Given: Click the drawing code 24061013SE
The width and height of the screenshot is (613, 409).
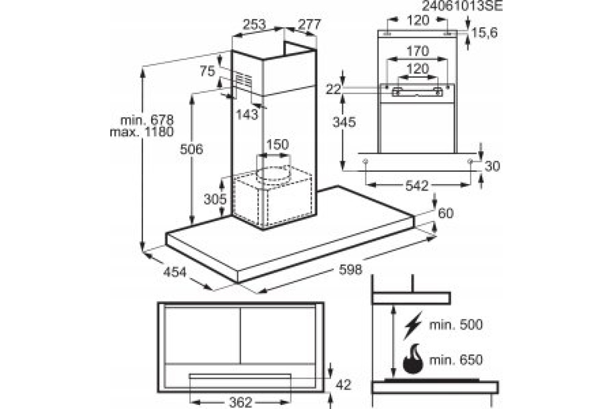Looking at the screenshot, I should tap(462, 7).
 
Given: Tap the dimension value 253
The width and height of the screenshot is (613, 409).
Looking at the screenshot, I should tap(254, 24).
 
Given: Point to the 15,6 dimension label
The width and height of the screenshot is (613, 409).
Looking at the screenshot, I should tap(484, 33).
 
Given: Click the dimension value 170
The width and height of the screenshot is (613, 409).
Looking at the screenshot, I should tap(417, 52).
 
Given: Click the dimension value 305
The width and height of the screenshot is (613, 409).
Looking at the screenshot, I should tap(215, 199).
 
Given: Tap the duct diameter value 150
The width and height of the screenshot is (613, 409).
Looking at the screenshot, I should tap(277, 145).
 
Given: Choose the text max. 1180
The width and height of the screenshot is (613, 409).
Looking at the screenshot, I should tap(142, 132).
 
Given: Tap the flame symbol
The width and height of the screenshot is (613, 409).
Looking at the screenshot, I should tap(413, 358).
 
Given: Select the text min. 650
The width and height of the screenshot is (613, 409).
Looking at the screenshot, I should tap(456, 359).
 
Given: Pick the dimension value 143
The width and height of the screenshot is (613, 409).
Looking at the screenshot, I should tap(247, 115).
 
